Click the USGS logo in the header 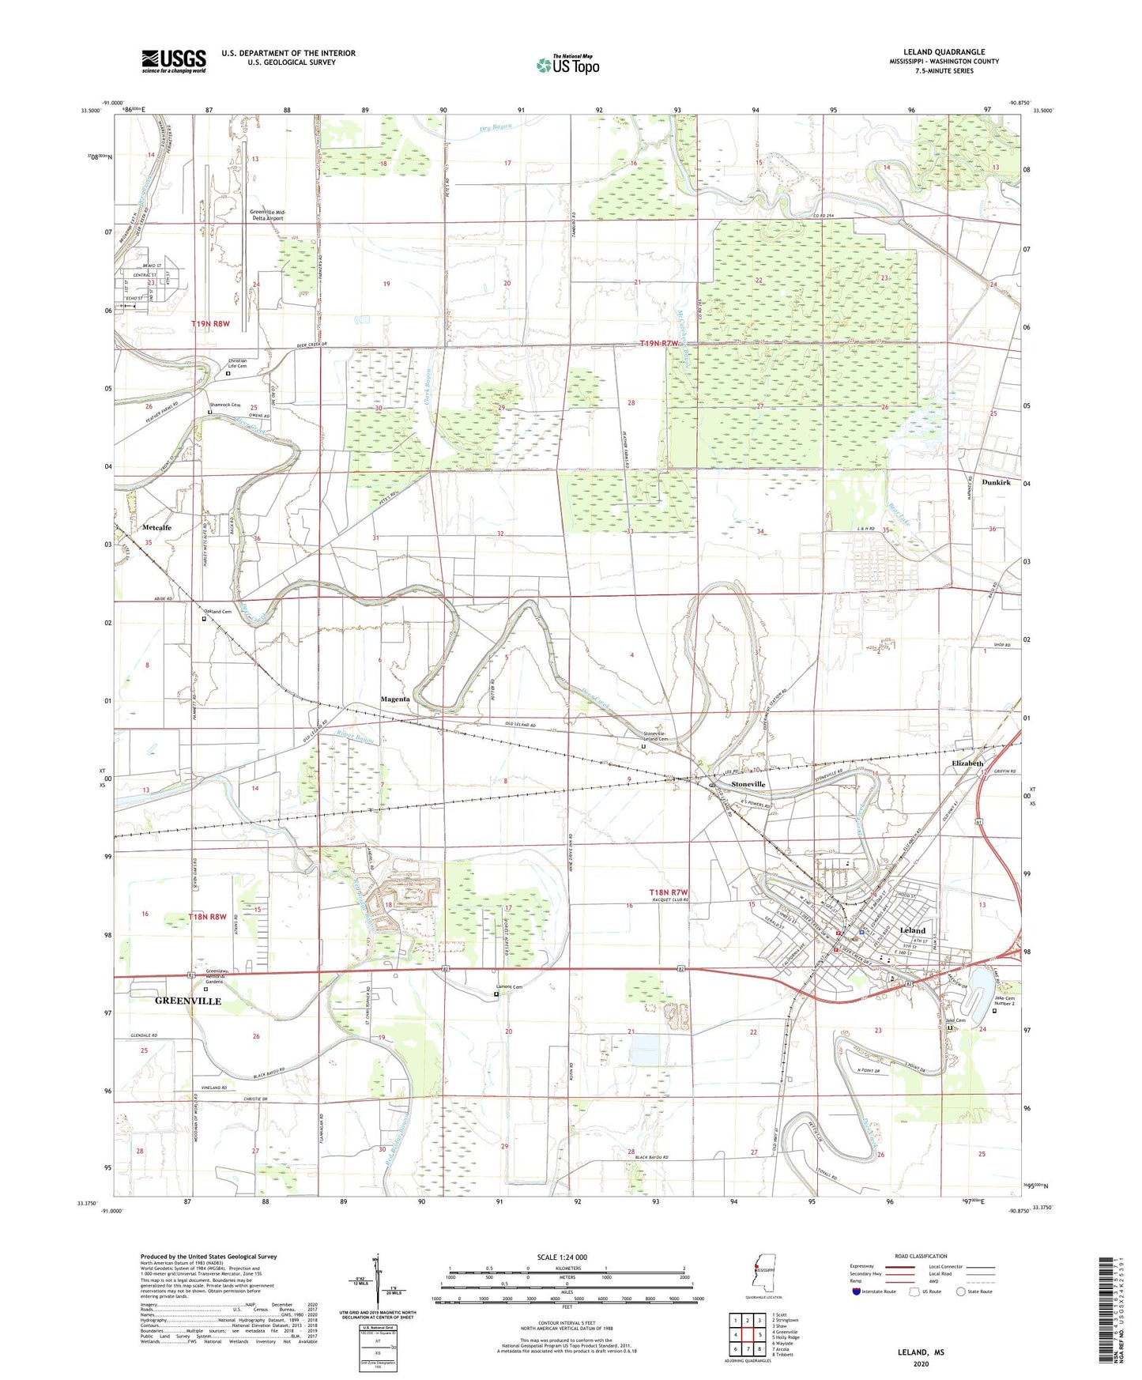(174, 61)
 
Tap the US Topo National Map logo (567, 65)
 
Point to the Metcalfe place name (156, 527)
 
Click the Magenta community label (395, 699)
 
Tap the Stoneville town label (748, 784)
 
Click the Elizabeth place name (967, 764)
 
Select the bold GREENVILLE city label (188, 1001)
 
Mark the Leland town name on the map (912, 930)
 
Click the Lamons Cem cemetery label (509, 987)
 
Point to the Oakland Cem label (217, 612)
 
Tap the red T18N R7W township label (669, 892)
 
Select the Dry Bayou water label (496, 127)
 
